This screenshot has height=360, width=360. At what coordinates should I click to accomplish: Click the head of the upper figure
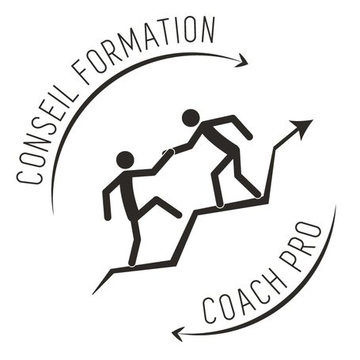[x=191, y=118]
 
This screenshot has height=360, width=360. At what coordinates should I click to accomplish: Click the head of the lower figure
[x=125, y=160]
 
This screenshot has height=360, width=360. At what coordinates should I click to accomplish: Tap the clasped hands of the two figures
[x=169, y=152]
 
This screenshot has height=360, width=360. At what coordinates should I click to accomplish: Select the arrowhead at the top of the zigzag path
[x=302, y=127]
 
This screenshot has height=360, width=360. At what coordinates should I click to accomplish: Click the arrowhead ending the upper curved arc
[x=243, y=61]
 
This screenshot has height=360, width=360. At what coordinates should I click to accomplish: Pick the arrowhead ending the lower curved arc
[x=177, y=334]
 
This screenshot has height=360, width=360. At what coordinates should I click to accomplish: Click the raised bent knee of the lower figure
[x=157, y=199]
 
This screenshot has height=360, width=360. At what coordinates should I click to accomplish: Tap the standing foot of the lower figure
[x=132, y=263]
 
